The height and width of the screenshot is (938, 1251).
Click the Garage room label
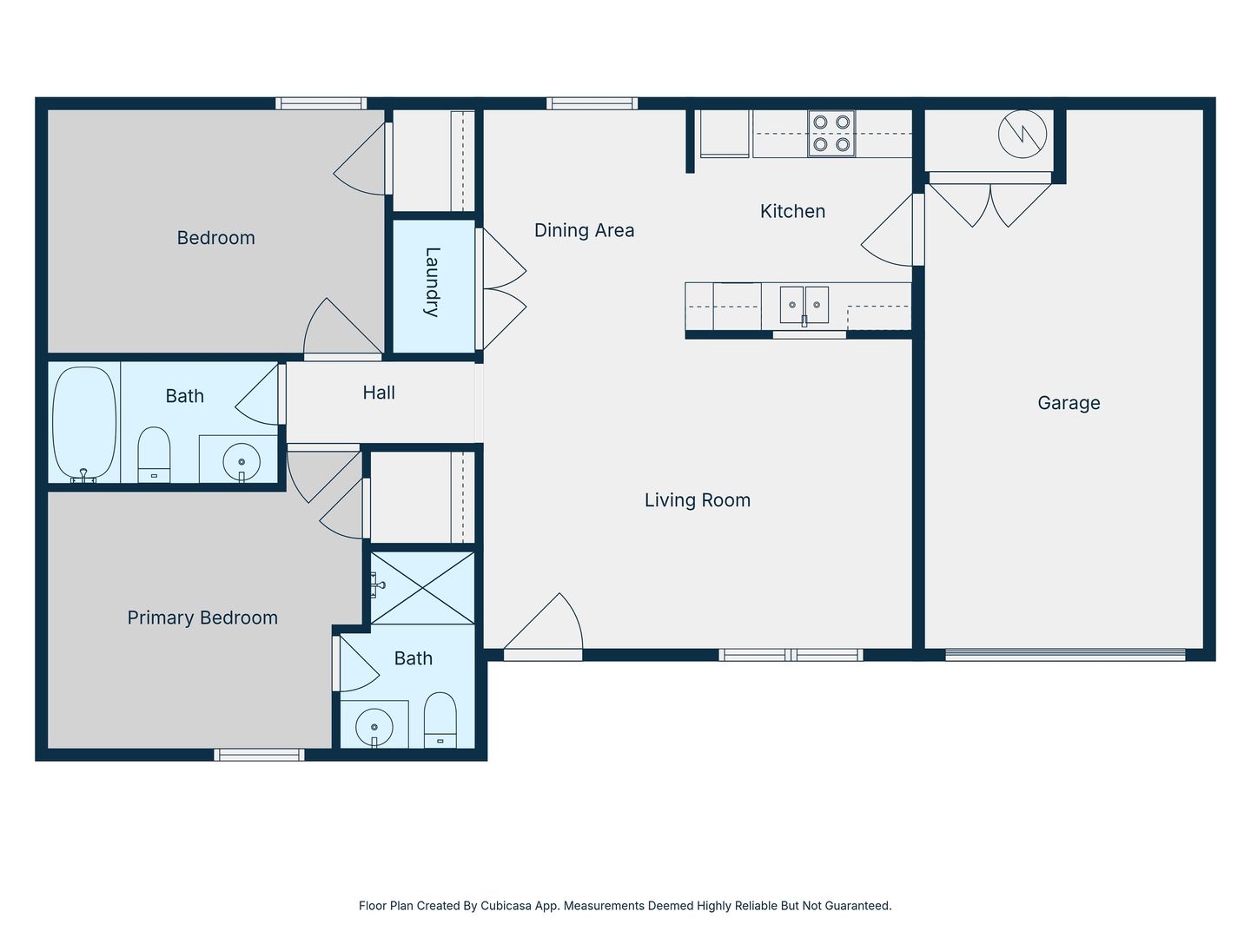pyautogui.click(x=1069, y=403)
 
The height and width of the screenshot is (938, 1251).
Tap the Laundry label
pyautogui.click(x=433, y=282)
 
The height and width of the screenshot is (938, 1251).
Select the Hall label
pyautogui.click(x=379, y=393)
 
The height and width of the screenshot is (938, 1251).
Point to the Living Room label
pyautogui.click(x=698, y=500)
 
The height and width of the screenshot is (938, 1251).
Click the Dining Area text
pyautogui.click(x=584, y=230)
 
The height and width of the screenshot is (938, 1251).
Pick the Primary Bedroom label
pyautogui.click(x=202, y=618)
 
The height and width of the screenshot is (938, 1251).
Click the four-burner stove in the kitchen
pyautogui.click(x=831, y=133)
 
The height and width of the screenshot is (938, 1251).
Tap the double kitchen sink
pyautogui.click(x=804, y=305)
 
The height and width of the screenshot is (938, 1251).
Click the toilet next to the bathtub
pyautogui.click(x=154, y=454)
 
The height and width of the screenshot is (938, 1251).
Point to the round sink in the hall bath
pyautogui.click(x=242, y=461)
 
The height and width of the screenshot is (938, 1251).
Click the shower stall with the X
pyautogui.click(x=422, y=588)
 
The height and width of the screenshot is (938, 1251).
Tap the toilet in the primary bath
pyautogui.click(x=440, y=720)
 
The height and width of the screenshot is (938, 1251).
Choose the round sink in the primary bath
pyautogui.click(x=374, y=727)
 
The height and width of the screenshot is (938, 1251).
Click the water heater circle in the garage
pyautogui.click(x=1023, y=134)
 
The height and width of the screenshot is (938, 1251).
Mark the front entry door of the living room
pyautogui.click(x=543, y=627)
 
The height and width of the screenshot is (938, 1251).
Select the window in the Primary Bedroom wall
pyautogui.click(x=259, y=755)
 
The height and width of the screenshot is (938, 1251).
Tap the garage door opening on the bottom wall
pyautogui.click(x=1065, y=656)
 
